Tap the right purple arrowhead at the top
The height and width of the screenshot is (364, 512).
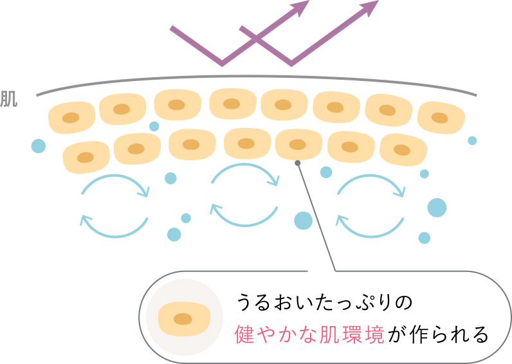(x=369, y=8)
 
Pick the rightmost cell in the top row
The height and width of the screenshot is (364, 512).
(x=441, y=117)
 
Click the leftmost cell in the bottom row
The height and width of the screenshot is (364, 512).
(x=86, y=156)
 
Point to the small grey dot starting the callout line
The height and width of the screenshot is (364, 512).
(x=297, y=163)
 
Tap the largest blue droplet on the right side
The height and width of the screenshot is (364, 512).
(x=437, y=208)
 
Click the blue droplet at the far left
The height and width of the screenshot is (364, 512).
(x=39, y=146)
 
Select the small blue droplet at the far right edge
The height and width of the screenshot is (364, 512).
(x=472, y=140)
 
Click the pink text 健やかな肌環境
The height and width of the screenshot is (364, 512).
(x=311, y=335)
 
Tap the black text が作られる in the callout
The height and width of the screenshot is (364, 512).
(x=438, y=335)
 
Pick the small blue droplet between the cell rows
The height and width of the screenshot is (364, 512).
(x=154, y=126)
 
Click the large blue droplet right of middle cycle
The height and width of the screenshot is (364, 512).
(x=304, y=221)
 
